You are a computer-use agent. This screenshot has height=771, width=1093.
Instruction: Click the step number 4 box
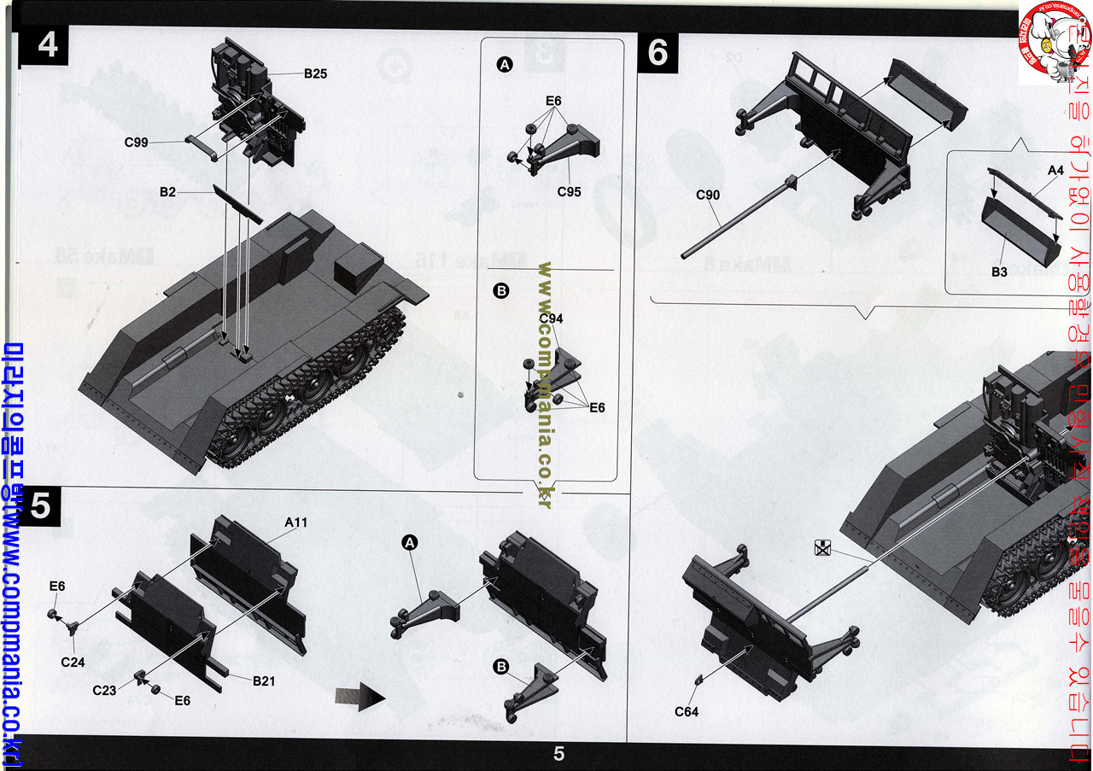(x=48, y=44)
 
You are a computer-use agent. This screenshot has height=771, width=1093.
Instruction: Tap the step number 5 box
(x=39, y=507)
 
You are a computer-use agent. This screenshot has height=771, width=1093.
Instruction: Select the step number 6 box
(x=658, y=52)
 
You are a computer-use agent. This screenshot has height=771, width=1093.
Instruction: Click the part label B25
(x=315, y=73)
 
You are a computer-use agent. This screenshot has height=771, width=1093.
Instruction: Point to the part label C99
(x=137, y=143)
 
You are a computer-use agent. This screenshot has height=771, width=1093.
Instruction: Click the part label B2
(x=167, y=192)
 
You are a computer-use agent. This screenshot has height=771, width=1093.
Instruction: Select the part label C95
(x=569, y=191)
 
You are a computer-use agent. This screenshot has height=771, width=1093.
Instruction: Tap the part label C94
(x=551, y=318)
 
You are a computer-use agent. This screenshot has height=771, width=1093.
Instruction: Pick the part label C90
(x=708, y=195)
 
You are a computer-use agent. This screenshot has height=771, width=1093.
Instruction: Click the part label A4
(x=1055, y=171)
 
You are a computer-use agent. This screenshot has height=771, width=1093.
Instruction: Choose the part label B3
(x=999, y=272)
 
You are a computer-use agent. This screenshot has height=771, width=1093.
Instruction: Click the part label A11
(x=295, y=523)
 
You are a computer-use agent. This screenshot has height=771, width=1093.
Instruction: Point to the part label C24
(x=73, y=661)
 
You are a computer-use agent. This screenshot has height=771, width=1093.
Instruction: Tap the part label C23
(x=104, y=689)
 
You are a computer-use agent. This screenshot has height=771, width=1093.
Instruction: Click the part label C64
(x=687, y=711)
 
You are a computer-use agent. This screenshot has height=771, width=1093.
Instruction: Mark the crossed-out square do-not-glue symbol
(x=822, y=548)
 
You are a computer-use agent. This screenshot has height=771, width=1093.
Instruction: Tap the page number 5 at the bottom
(x=558, y=754)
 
